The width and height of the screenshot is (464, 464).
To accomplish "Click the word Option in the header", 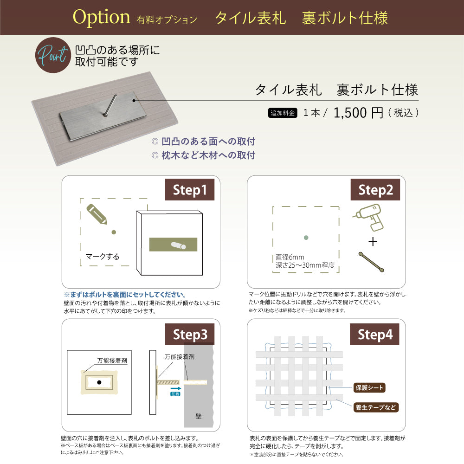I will tap(102, 18).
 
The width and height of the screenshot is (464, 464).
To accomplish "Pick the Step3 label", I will tap(190, 334).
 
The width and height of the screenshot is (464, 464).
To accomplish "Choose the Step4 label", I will tap(375, 334).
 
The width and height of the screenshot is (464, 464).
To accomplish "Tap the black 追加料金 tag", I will tap(283, 113).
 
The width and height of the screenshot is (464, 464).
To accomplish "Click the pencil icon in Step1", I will tap(97, 214).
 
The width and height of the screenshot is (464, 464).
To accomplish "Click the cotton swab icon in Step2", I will tap(371, 262).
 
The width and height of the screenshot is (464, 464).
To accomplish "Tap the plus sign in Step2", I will tap(373, 242).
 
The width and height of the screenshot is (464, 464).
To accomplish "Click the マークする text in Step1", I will tap(103, 257).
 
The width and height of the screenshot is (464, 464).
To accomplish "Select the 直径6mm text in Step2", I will tap(289, 258).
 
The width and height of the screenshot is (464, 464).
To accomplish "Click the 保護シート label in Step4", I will tap(369, 387).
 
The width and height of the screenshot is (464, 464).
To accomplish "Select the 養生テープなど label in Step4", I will tap(376, 407).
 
